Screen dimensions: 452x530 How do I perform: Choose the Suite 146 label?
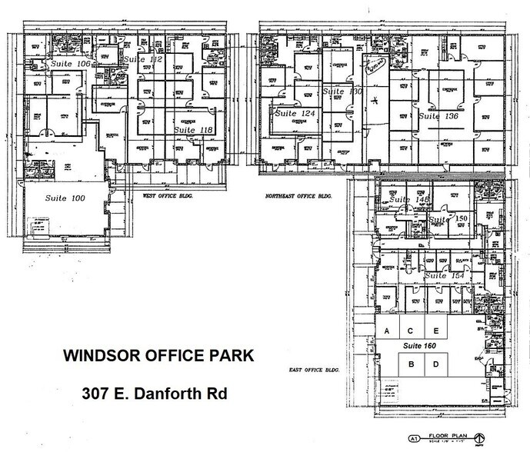tap(408, 201)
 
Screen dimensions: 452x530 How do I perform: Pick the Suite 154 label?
tap(444, 275)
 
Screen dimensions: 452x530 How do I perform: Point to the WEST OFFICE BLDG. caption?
tap(168, 196)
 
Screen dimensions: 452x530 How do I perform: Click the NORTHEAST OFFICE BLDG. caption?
tap(296, 196)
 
